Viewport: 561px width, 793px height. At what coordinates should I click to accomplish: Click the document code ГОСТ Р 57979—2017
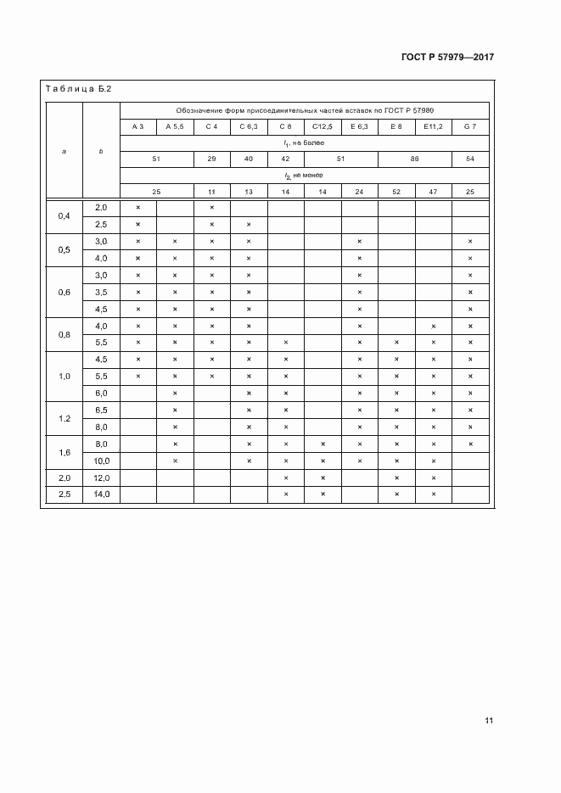pos(446,57)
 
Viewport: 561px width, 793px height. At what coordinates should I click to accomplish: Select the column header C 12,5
pos(323,126)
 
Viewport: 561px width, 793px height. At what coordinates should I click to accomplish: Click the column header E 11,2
pos(433,126)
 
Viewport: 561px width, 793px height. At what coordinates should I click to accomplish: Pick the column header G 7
pos(469,126)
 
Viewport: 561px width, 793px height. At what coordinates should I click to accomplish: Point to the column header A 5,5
pos(175,126)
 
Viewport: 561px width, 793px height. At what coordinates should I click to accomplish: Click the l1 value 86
pos(414,159)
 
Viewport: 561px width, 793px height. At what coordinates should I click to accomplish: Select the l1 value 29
pos(211,159)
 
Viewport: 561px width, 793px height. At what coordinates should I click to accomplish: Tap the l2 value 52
pos(396,192)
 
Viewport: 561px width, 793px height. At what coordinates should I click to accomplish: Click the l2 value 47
pos(433,192)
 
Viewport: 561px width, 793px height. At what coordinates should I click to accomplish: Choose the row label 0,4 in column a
pos(65,215)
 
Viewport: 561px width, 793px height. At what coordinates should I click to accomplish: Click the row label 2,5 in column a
pos(65,494)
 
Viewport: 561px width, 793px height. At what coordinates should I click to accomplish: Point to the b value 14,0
pos(101,494)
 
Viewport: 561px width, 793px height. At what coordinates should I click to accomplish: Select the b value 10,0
pos(101,461)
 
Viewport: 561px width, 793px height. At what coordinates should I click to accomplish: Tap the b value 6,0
pos(101,393)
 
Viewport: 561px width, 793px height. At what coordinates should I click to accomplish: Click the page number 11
pos(489,720)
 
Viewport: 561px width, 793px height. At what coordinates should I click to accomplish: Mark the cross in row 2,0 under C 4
pos(211,208)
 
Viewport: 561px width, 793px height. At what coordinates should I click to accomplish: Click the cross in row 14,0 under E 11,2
pos(433,494)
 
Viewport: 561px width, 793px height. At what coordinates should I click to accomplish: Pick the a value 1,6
pos(65,452)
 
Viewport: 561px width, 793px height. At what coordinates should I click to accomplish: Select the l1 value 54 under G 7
pos(469,159)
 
